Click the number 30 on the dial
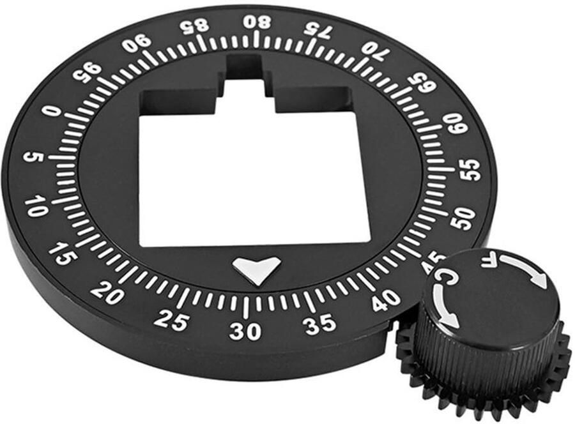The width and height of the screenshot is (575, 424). coord(245,331)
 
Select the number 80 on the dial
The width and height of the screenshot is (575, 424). coord(258,23)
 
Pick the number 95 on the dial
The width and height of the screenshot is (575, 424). coord(86,73)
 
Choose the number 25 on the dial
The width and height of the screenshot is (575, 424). coord(171,319)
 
